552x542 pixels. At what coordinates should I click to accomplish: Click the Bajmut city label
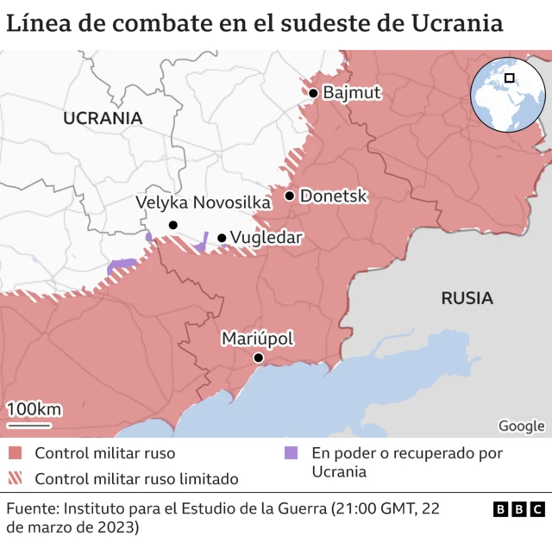[x=352, y=93]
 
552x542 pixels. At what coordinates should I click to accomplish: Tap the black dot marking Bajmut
[x=313, y=93]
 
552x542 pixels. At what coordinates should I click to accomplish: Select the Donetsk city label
[x=334, y=196]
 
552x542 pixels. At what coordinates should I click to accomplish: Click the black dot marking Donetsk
[x=290, y=196]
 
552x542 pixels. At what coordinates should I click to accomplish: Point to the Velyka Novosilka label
[x=204, y=202]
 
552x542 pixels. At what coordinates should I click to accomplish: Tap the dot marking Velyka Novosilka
[x=172, y=225]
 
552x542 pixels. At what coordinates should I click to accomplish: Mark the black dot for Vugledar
[x=222, y=238]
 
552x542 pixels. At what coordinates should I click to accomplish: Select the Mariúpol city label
[x=258, y=339]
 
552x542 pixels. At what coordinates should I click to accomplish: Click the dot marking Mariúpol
[x=258, y=358]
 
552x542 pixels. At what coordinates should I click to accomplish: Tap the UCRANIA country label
[x=103, y=118]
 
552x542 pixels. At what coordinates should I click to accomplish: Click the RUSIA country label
[x=467, y=299]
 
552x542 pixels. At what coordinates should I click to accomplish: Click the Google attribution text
[x=521, y=426]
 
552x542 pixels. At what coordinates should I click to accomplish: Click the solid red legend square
[x=15, y=453]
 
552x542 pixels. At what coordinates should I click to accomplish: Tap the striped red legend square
[x=15, y=477]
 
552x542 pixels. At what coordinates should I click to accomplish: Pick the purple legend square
[x=291, y=453]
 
